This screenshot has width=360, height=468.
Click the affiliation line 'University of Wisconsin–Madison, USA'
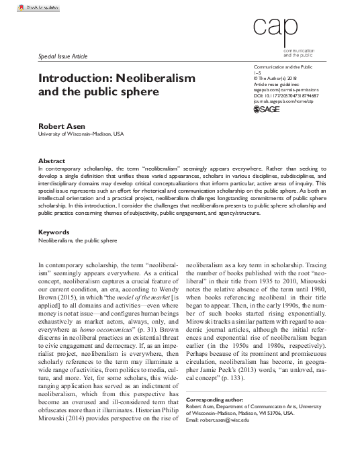pos(81,134)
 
